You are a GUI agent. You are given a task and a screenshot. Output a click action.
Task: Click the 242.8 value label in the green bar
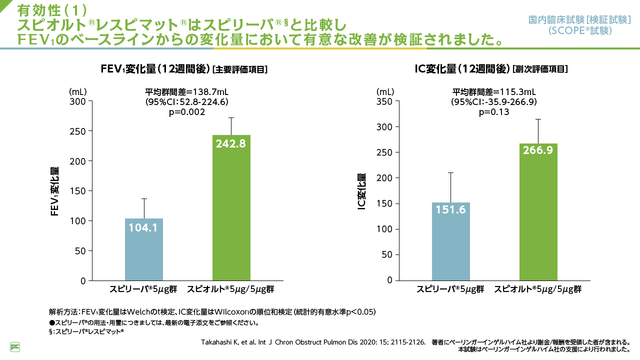tap(231, 143)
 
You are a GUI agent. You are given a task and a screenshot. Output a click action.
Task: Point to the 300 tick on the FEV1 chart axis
tap(79, 101)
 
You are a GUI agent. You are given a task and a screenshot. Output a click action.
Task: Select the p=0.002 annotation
tap(187, 112)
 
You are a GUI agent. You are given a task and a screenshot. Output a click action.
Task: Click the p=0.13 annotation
tap(494, 112)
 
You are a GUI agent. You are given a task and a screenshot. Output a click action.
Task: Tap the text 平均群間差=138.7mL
tap(187, 92)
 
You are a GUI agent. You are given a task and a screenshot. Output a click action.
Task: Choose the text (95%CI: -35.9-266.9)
tap(494, 102)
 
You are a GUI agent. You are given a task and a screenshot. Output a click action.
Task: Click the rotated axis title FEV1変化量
tap(55, 191)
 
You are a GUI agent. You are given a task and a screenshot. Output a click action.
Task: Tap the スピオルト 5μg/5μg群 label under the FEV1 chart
tap(231, 289)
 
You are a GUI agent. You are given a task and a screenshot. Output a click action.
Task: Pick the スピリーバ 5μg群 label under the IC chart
tap(451, 289)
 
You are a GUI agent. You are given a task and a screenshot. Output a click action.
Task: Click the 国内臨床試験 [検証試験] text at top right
tap(579, 20)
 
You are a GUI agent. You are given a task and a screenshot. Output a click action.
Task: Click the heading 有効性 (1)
tap(52, 9)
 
